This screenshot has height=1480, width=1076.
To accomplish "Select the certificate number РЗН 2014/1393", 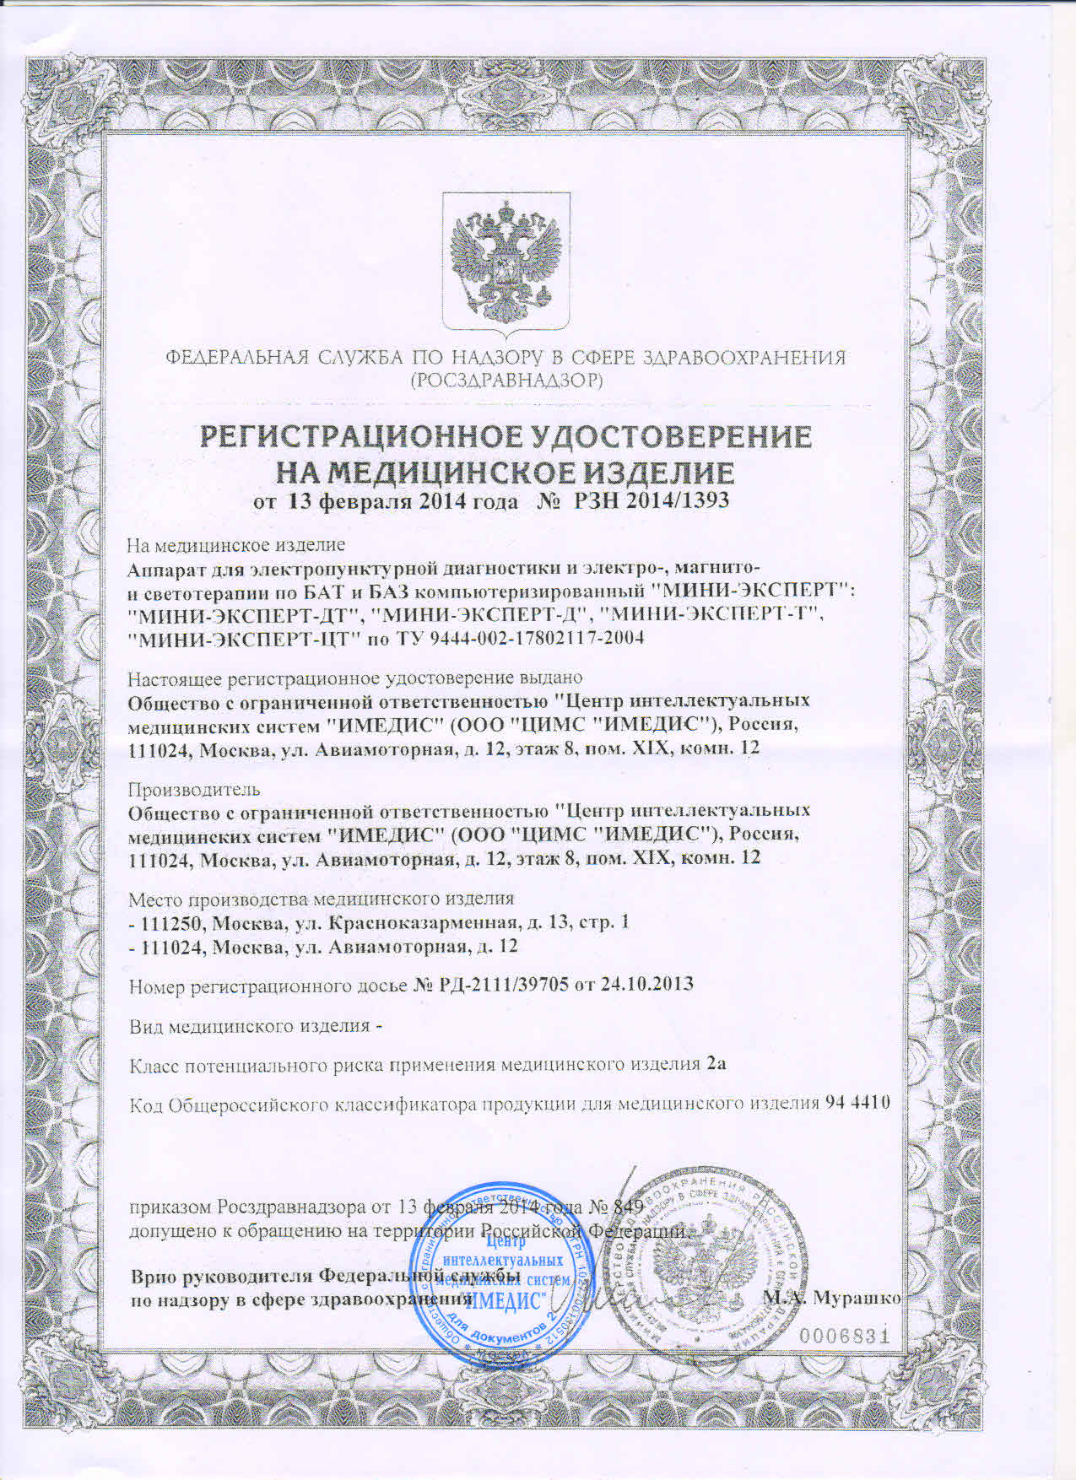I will click(651, 501).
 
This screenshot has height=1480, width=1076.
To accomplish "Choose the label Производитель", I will click(193, 790).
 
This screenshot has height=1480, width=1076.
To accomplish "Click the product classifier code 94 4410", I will click(856, 1103).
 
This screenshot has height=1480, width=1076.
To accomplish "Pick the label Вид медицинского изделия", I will click(249, 1026).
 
